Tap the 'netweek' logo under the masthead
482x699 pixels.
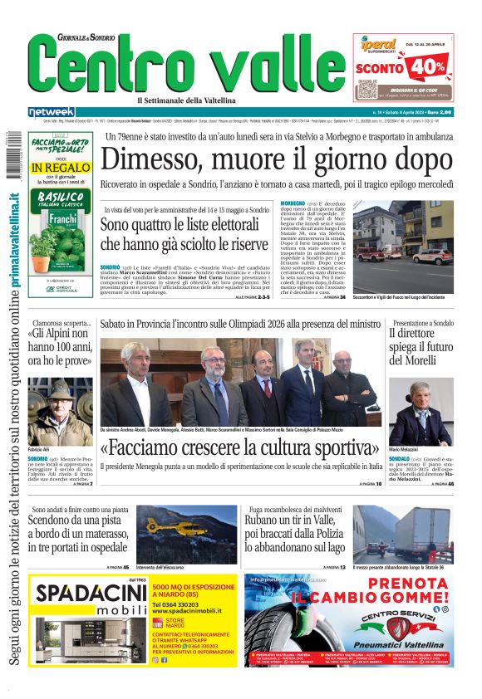pyautogui.click(x=52, y=112)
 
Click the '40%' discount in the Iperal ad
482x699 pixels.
pyautogui.click(x=427, y=65)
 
